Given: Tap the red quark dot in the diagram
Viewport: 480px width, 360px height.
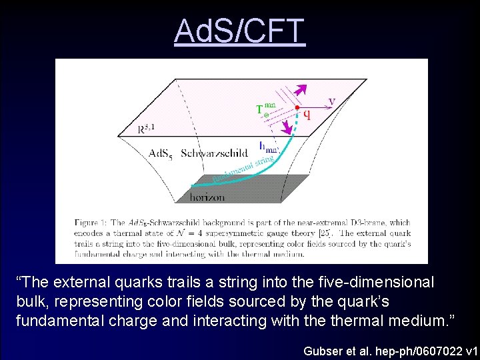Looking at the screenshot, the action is click(297, 107).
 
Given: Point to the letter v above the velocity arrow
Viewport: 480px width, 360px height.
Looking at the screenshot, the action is click(331, 101).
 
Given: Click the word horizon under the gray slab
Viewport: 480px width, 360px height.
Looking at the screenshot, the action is click(207, 197).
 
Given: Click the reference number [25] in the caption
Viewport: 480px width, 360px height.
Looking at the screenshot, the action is click(325, 233).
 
